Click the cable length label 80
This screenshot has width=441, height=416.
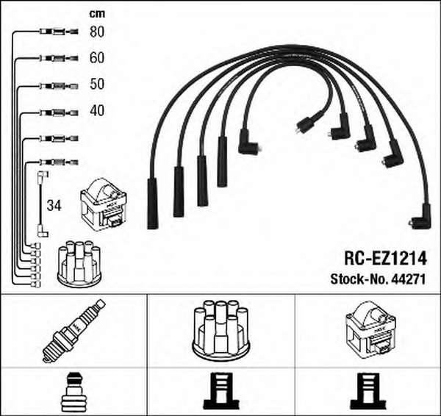(x=97, y=32)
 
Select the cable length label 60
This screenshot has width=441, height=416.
(x=97, y=57)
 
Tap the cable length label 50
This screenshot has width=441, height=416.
(x=97, y=84)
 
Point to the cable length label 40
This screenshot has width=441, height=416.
(x=97, y=110)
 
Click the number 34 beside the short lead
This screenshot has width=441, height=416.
(x=54, y=206)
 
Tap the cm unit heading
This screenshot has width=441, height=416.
(x=97, y=14)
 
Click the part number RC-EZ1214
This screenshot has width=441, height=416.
(x=385, y=258)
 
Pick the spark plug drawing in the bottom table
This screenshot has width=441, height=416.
(x=73, y=331)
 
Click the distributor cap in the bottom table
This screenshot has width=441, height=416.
(x=220, y=331)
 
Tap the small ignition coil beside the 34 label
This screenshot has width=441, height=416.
(x=104, y=205)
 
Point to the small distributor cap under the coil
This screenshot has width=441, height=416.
(x=79, y=264)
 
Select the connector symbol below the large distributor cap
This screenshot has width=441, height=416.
(x=221, y=391)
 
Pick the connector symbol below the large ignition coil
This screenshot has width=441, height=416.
(x=368, y=391)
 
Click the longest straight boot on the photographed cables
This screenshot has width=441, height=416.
(x=153, y=204)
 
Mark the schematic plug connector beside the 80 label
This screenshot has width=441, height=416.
(x=59, y=32)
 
